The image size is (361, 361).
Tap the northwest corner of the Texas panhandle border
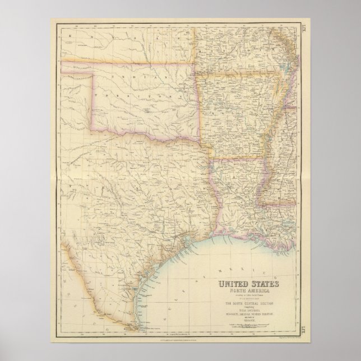(91, 71)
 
